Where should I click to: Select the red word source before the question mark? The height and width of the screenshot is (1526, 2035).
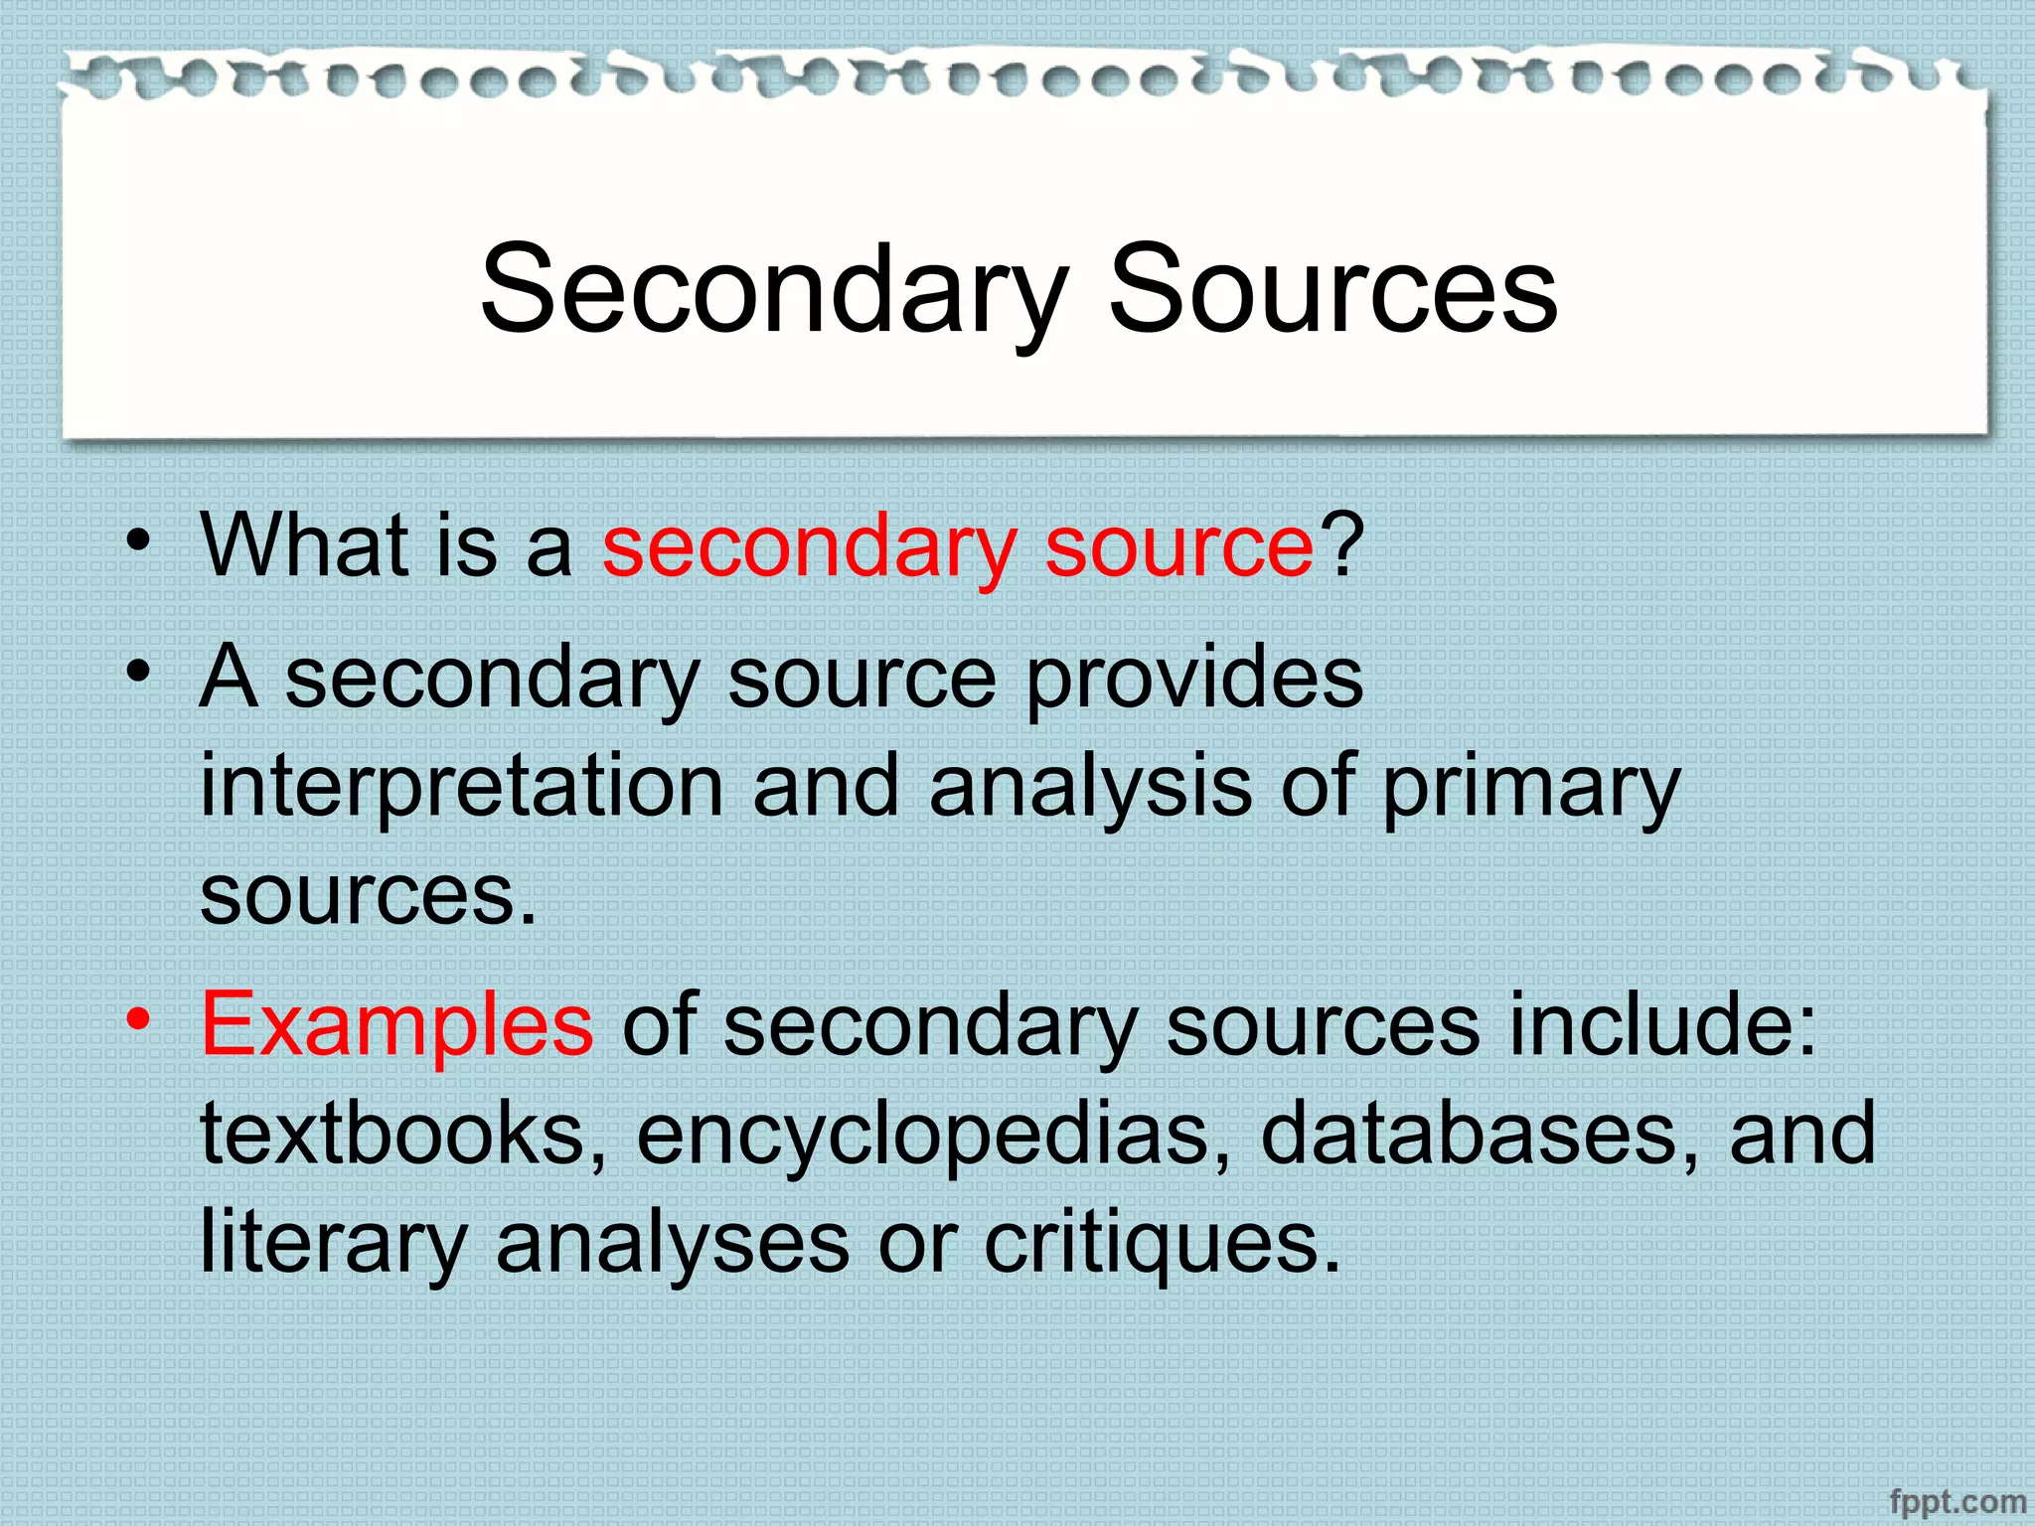point(1179,546)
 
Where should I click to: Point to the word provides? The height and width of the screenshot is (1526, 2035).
point(1193,678)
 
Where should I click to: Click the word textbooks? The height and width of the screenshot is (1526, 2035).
point(403,1134)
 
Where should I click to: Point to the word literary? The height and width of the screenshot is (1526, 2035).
point(333,1244)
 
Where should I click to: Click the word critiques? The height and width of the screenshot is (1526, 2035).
point(1162,1244)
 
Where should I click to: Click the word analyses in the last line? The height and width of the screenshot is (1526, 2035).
point(673,1244)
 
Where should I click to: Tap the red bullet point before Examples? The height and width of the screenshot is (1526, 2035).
point(139,1019)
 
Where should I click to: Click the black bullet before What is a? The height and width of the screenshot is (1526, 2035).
point(139,541)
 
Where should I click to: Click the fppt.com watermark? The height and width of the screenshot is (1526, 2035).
point(1957,1501)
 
